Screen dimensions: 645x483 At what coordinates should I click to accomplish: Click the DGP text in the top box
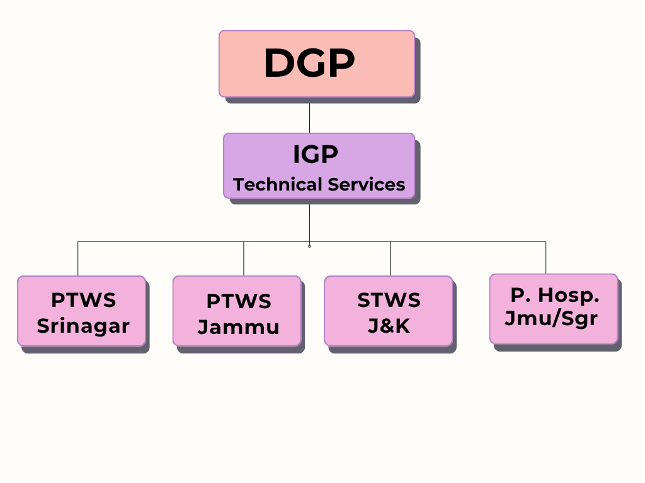pos(309,62)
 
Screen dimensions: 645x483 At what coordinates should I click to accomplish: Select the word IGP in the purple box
pos(316,155)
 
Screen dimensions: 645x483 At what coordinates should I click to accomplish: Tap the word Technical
pos(277,184)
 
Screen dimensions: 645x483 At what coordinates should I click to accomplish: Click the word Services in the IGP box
pos(367,184)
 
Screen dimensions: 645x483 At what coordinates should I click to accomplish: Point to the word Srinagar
pos(83,326)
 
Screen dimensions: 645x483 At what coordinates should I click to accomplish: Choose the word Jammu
pos(238,327)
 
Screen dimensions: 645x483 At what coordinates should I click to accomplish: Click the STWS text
pos(389,300)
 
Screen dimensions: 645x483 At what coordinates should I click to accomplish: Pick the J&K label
pos(389,326)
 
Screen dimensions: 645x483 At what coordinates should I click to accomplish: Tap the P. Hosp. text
pos(554,295)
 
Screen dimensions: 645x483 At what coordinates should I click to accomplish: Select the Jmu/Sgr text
pos(551,318)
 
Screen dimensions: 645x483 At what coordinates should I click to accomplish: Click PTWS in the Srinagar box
pos(84,300)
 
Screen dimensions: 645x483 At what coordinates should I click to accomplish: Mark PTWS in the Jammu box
pos(239,301)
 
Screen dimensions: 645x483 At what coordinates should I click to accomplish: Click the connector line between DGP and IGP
pos(309,118)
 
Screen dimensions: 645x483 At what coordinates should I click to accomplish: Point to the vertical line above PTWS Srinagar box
pos(77,258)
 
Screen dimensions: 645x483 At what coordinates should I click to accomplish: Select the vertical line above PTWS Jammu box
pos(244,258)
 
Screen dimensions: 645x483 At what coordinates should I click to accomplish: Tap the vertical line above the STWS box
pos(390,258)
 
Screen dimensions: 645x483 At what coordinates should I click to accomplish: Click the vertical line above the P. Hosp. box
pos(546,257)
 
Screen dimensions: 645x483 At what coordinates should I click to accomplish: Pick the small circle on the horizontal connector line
pos(309,247)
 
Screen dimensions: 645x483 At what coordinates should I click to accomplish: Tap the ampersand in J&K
pos(389,326)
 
